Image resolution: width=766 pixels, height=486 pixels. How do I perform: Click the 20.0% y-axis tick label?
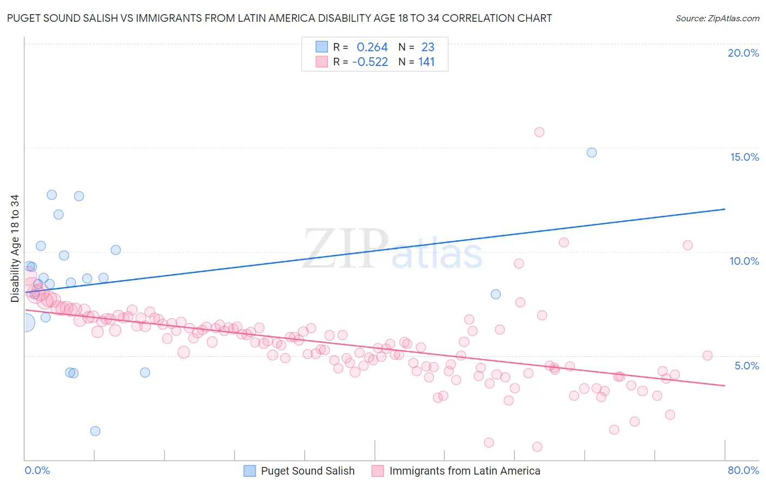tap(743, 53)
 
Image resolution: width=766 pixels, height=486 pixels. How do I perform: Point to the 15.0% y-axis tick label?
tap(744, 157)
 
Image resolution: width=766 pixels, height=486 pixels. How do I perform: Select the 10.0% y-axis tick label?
tap(744, 261)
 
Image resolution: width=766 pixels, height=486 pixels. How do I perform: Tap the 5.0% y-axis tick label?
tap(746, 366)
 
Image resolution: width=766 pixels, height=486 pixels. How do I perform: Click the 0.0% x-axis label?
tap(37, 470)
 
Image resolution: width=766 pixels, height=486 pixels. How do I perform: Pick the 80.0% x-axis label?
tap(743, 470)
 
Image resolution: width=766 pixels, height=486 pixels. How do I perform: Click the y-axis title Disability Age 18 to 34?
tap(15, 248)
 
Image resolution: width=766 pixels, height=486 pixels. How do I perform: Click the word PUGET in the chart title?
tap(23, 18)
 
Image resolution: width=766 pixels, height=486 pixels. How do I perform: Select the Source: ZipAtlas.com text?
tap(717, 18)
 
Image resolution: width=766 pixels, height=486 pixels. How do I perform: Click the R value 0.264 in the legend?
tap(372, 47)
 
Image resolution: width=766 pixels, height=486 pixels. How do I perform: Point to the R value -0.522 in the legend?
tap(370, 62)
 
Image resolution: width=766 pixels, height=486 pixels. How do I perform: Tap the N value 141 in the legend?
tap(427, 62)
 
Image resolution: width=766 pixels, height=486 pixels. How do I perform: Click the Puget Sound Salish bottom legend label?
tap(307, 471)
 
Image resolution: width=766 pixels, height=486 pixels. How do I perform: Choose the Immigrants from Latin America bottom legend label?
tap(465, 471)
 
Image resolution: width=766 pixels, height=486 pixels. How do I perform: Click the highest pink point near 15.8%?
tap(539, 132)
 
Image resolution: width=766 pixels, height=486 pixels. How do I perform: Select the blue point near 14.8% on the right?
tap(592, 153)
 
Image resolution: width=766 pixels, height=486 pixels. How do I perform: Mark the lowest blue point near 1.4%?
tap(95, 431)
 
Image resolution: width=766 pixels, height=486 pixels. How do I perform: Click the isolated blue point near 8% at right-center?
tap(496, 294)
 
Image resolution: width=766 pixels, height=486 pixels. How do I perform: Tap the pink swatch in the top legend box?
tap(322, 62)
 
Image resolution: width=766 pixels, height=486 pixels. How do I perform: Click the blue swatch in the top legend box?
tap(322, 47)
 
